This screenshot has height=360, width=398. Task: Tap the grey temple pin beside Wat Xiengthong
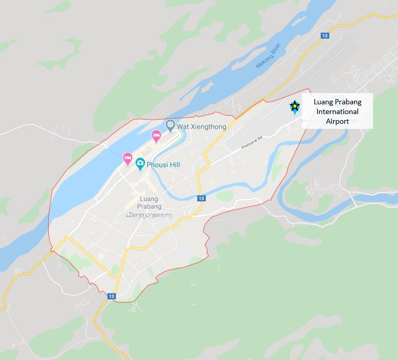point(171,125)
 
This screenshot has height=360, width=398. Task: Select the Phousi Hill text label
point(163,165)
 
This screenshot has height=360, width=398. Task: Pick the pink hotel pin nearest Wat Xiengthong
point(156,136)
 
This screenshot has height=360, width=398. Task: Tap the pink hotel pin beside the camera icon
point(128,159)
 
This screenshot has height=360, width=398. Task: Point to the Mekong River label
point(269,56)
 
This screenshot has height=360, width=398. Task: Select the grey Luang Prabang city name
point(149,202)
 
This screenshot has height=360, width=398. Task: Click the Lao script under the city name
point(149,216)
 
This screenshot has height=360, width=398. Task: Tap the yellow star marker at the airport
point(295,106)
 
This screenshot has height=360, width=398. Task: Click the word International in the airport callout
point(337,111)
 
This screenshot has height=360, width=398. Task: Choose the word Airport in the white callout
point(337,121)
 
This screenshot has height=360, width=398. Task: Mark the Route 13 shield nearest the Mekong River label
point(325,35)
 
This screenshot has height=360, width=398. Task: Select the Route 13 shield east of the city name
point(201,198)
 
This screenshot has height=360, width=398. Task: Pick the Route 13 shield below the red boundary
point(112,296)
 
